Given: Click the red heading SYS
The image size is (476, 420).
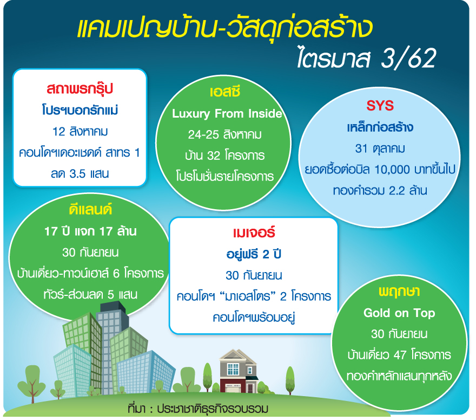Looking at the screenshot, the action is point(380,106).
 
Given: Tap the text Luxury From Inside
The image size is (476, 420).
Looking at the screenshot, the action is point(227,113).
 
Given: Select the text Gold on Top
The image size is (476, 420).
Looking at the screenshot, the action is point(399,313).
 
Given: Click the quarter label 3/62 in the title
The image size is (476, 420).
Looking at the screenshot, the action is point(408,58).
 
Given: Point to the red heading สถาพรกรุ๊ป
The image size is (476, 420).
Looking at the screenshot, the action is point(80,89).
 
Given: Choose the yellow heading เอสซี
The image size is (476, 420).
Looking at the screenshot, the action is point(225,92).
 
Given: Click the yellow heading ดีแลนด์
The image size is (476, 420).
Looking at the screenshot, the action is point(90,210).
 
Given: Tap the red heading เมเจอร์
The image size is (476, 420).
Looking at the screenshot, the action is point(254,232).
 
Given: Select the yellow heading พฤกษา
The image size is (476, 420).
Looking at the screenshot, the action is point(399,292).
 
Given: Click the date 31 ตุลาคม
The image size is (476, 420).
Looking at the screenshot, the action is point(380,148).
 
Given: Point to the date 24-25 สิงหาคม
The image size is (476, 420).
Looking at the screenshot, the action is point(224,134).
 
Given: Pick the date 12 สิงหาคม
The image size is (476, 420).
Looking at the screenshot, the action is point(80,131).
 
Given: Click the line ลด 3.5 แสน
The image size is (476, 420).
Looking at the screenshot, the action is point(80,173).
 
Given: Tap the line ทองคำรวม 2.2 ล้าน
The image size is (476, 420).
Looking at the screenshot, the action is point(380,191).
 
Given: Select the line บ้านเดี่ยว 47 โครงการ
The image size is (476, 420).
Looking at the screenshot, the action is point(399,355).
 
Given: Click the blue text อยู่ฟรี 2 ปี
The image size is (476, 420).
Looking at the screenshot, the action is point(254,254).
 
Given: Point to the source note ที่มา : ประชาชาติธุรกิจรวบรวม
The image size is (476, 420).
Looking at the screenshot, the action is point(198,409).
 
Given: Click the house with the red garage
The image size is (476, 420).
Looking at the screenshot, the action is point(239,371).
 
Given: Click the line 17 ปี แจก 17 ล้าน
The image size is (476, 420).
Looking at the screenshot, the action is point(90,231).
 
